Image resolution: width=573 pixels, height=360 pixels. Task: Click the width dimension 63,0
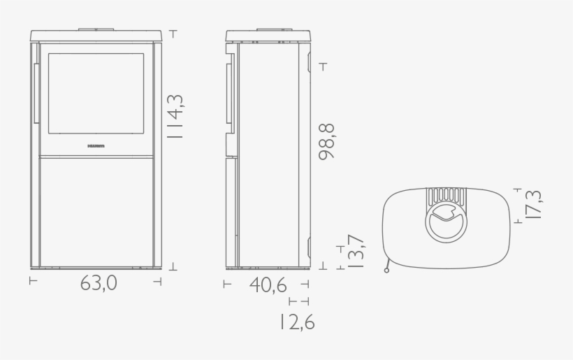coord(98,284)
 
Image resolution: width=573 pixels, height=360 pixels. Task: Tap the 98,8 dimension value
coord(326,142)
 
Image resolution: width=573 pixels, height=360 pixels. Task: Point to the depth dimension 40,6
coord(268,285)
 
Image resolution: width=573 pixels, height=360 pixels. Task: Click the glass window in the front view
coord(96,94)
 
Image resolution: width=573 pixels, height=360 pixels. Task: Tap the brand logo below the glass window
coord(96,147)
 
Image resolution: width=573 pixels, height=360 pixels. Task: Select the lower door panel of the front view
coord(96,211)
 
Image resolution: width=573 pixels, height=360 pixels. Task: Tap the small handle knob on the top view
coord(386,270)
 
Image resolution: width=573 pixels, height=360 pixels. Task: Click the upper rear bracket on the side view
coord(309,61)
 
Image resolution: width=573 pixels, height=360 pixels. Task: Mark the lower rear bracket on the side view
coord(309,247)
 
